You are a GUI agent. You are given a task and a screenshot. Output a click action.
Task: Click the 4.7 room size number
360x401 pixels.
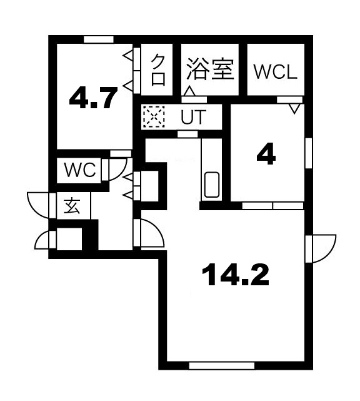click(x=93, y=99)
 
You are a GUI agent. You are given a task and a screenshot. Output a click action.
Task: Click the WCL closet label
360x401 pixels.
click(x=275, y=71)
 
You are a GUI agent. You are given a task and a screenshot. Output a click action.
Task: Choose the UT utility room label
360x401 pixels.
click(x=191, y=116)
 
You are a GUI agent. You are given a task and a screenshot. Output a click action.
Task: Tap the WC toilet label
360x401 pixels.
click(x=80, y=171)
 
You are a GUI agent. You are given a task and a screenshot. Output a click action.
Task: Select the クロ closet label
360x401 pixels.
click(x=159, y=69)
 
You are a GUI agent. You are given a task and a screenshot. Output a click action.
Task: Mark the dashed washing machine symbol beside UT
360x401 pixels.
click(x=152, y=116)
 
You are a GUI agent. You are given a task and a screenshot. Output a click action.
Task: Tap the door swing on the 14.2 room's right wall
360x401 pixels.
click(x=321, y=248)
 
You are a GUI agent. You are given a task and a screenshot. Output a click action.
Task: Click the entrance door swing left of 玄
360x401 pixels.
click(x=39, y=203)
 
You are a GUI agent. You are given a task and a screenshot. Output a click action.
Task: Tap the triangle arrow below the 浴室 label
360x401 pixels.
click(x=188, y=91)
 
